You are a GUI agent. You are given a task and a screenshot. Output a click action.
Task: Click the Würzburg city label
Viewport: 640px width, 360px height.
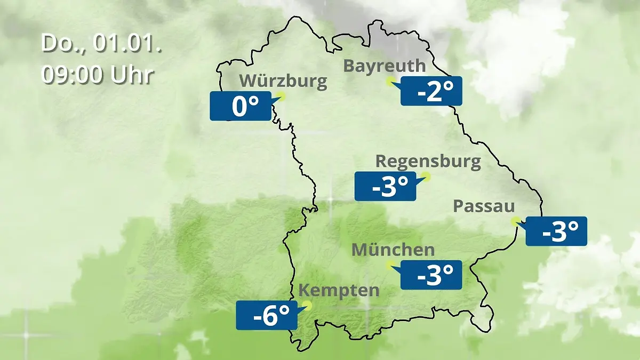click(x=283, y=82)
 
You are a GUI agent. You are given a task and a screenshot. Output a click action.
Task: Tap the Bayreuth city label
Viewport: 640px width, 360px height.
click(x=385, y=66)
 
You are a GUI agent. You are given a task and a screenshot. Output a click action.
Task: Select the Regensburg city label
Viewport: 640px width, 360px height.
click(x=428, y=161)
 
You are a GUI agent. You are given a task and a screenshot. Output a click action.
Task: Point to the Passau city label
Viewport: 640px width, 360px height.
click(x=484, y=206)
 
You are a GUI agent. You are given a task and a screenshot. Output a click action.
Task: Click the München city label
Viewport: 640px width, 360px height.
click(x=393, y=250)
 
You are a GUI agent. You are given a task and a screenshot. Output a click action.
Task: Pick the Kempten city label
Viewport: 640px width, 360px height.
click(x=339, y=291)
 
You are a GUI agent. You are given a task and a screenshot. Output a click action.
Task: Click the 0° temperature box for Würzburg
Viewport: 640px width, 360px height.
click(x=241, y=106)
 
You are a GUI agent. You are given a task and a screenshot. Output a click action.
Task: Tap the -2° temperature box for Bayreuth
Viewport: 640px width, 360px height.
click(x=431, y=91)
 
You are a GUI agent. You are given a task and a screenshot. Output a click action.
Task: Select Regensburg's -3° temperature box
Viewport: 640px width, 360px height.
click(x=385, y=187)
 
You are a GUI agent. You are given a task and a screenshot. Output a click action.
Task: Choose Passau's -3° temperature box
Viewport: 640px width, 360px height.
click(x=556, y=231)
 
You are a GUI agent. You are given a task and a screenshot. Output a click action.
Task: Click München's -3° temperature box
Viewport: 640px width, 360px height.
click(x=431, y=275)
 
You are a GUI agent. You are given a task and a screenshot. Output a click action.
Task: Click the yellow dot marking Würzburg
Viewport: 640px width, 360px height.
click(x=282, y=96)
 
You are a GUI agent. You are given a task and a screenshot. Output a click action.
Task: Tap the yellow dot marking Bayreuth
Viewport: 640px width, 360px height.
click(x=390, y=81)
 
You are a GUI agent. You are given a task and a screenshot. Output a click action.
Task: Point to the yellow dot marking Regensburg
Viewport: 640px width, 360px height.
click(x=426, y=176)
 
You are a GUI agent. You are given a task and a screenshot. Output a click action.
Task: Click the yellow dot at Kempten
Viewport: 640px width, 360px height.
click(x=307, y=306)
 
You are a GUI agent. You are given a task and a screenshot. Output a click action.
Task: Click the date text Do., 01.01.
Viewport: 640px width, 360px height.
click(x=101, y=44)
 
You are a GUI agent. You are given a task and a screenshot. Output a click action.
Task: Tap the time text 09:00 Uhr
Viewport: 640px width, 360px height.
click(x=98, y=75)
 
